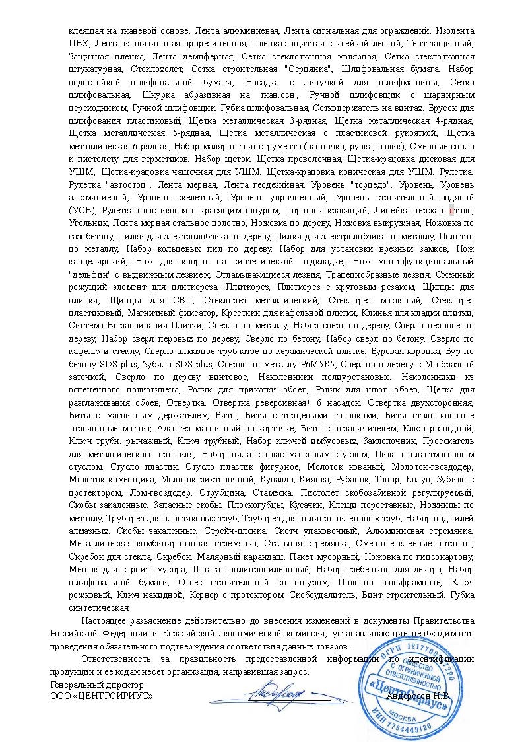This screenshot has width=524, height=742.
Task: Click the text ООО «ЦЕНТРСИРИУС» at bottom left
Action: tap(102, 696)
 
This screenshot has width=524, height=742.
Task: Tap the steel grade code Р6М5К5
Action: tap(315, 363)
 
